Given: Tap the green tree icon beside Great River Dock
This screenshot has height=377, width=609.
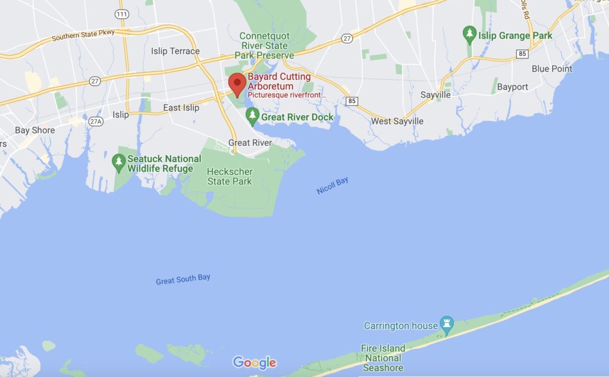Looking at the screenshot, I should coord(253,117).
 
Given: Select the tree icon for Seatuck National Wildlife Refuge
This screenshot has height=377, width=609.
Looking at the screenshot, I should coord(119,161).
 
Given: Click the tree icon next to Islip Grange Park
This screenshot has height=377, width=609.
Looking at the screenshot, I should coord(470,35).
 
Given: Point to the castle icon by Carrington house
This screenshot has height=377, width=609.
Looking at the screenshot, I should coord(446,325).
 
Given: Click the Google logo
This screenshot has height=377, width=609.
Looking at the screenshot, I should coord(255,362).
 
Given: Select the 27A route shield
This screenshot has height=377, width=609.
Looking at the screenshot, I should coord(95,121).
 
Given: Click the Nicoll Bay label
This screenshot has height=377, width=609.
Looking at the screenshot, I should coord(332,186).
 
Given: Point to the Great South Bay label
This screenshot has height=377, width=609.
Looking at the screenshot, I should coord(183,279).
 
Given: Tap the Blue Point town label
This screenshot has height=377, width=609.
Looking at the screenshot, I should coord(552,68).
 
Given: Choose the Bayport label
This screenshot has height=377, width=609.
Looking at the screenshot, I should coord(512,87).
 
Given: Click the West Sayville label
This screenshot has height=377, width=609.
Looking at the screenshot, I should coord(397,121).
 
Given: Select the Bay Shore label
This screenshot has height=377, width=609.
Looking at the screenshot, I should coord(34,130).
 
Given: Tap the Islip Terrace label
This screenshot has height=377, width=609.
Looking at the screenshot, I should coord(175,51).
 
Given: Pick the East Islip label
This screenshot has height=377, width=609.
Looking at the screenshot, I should coord(181,108).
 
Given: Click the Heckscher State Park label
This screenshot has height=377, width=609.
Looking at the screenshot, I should coord(229,176).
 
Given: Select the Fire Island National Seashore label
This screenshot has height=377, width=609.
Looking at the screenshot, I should coord(383,357).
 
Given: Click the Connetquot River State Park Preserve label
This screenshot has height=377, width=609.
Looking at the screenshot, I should coord(264,46).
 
